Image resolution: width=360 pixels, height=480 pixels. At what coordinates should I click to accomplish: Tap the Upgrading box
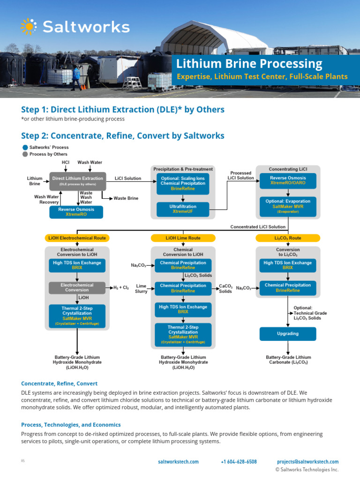(287, 334)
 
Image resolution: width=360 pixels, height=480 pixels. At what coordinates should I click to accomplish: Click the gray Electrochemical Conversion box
(77, 287)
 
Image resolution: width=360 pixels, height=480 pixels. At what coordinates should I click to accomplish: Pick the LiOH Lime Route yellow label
(183, 238)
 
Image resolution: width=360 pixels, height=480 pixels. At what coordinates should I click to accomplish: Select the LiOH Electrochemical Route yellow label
(77, 238)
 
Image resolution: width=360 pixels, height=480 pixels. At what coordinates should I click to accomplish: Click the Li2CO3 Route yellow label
(288, 238)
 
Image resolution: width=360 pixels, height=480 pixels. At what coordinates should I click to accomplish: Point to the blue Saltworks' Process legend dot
(25, 147)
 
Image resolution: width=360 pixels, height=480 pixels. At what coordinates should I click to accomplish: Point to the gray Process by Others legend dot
(25, 154)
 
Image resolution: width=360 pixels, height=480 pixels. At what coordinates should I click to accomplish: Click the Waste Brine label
(126, 198)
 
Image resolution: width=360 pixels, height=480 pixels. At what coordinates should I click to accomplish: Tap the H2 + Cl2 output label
(121, 287)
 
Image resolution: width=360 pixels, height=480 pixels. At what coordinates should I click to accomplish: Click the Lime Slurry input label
(141, 288)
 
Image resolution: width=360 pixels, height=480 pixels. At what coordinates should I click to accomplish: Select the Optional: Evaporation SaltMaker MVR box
(287, 205)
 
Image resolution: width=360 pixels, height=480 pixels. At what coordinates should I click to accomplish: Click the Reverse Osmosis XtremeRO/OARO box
(287, 181)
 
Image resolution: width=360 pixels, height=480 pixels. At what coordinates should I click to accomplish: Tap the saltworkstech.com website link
(178, 462)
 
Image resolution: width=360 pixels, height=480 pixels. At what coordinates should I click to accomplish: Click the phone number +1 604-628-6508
(239, 462)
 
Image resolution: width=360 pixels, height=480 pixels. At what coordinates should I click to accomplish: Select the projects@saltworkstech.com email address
(307, 462)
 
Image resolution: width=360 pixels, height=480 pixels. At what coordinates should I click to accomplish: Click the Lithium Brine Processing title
(249, 64)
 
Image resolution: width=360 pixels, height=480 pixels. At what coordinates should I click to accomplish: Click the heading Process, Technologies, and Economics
(71, 425)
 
